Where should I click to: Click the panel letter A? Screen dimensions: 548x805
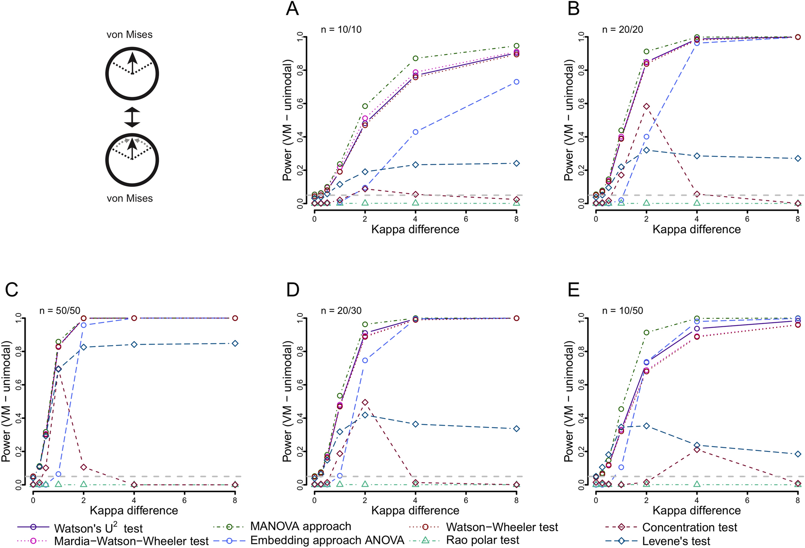[292, 8]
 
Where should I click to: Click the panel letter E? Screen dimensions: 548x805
[574, 290]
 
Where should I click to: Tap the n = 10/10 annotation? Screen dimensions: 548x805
[341, 29]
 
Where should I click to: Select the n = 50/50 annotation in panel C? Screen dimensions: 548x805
[60, 311]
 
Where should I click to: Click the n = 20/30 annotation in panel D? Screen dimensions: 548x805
[341, 311]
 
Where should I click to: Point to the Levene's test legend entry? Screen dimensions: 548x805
[676, 541]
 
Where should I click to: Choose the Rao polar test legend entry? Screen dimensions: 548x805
[482, 540]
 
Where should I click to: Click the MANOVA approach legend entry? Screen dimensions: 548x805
[300, 526]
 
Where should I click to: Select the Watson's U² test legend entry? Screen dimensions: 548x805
[98, 528]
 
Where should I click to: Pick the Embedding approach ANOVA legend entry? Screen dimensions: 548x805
[327, 540]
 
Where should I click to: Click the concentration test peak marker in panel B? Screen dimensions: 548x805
[646, 106]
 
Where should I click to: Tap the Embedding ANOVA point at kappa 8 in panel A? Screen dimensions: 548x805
[517, 82]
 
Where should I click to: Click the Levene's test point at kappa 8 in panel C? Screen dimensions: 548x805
[235, 343]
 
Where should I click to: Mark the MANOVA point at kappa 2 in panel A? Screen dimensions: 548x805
[365, 106]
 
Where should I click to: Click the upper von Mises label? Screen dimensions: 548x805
[129, 34]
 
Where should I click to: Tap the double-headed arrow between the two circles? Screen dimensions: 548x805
[132, 117]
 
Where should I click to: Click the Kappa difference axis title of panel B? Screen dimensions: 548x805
[696, 229]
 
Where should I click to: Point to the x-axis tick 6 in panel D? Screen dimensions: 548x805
[466, 500]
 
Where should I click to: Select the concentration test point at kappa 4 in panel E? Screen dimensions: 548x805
[697, 450]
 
